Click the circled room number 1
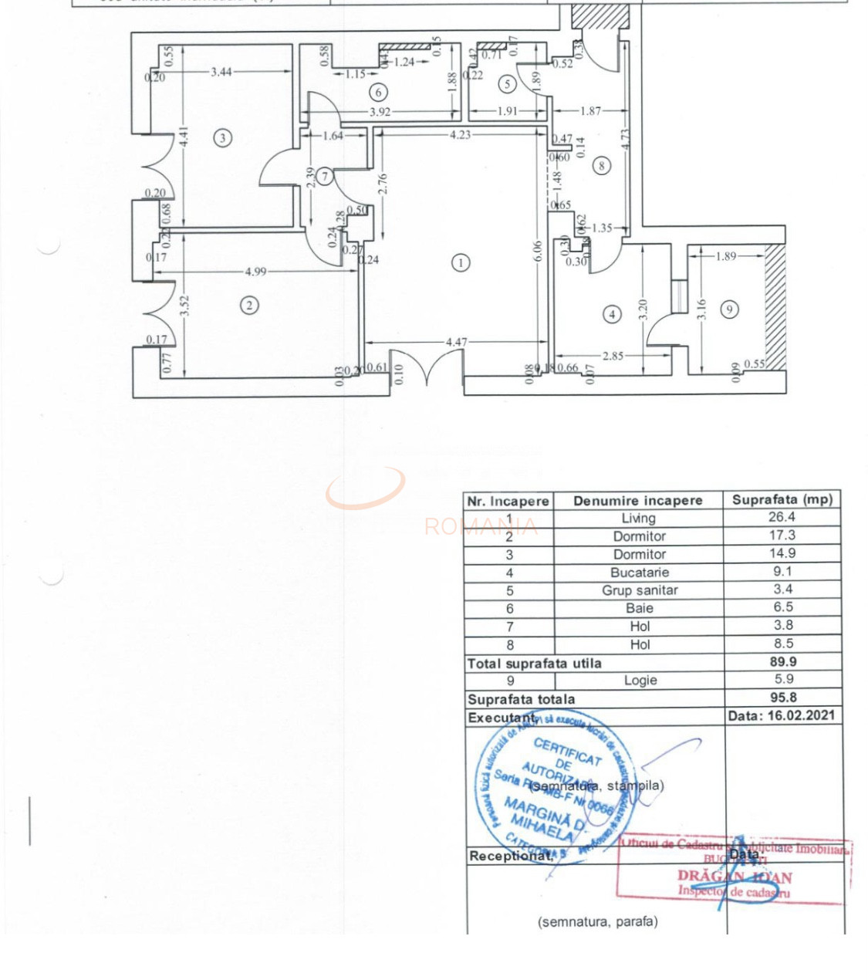(x=461, y=263)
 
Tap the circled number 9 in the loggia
(x=729, y=309)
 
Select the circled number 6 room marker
(x=378, y=93)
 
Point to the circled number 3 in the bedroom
(x=223, y=138)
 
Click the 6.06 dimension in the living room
(x=538, y=250)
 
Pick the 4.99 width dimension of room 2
(x=255, y=272)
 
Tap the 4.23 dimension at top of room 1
(x=460, y=134)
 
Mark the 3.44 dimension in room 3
(x=221, y=72)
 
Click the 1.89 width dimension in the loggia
(x=725, y=256)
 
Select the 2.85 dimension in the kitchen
(x=613, y=356)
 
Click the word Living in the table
(x=639, y=519)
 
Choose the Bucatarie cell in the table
(x=640, y=573)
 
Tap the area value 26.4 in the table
(x=782, y=517)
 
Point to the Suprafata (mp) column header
(x=782, y=499)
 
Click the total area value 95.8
(x=783, y=698)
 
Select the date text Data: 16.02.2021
(x=781, y=715)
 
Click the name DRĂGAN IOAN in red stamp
(x=734, y=877)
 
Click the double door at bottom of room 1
(x=427, y=366)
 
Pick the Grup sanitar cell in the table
(x=640, y=590)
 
